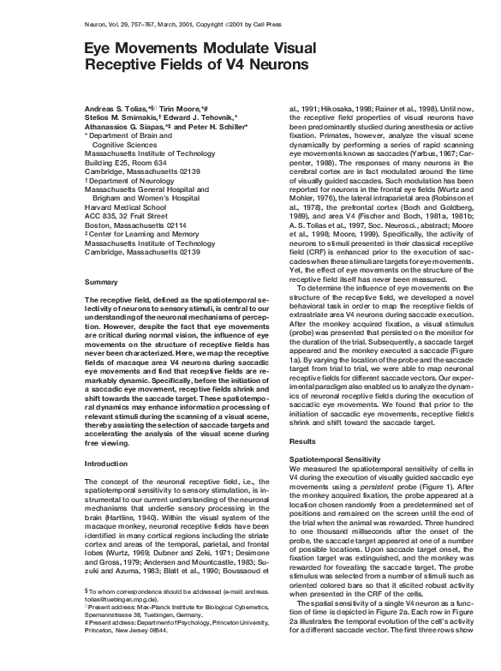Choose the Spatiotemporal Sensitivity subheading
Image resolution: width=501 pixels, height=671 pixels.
(x=338, y=458)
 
